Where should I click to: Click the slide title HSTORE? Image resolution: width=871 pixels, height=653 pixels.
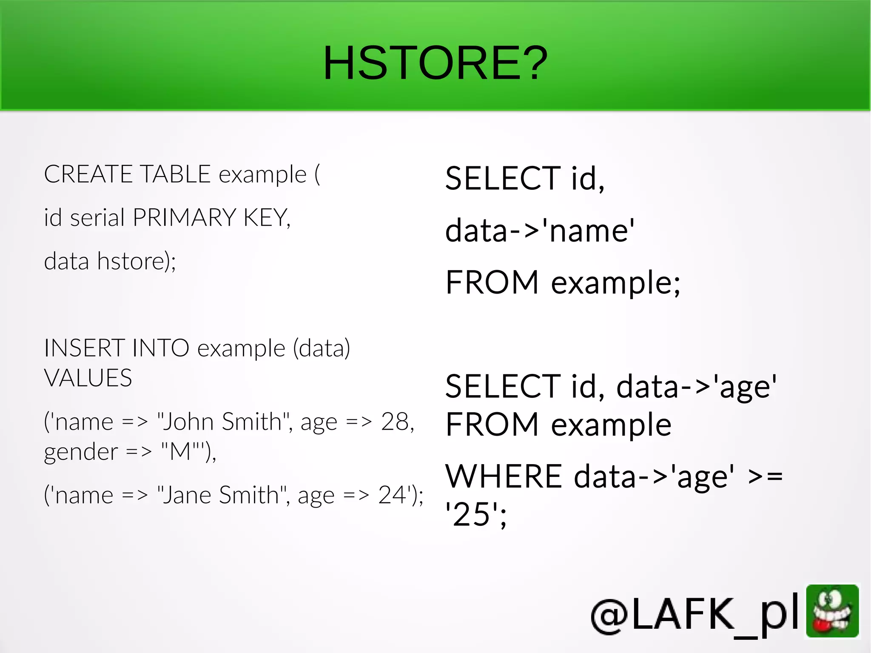pos(435,63)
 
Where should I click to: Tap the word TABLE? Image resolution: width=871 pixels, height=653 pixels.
pos(175,174)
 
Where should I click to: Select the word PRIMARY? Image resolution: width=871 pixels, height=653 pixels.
pos(184,218)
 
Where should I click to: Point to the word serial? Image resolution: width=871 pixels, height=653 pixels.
pos(97,218)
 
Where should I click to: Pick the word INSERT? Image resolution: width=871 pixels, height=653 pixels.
pos(84,348)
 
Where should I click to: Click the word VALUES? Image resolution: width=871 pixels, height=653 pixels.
pos(88,378)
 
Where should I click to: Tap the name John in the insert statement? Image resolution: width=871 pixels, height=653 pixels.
pos(185,422)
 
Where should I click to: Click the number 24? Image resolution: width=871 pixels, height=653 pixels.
pos(393,495)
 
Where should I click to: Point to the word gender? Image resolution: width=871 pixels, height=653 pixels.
pos(81,452)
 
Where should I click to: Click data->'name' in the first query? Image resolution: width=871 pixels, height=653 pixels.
pos(540,231)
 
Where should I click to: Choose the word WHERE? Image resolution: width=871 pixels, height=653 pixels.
pos(504,476)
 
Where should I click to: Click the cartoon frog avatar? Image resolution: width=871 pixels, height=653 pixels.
pos(832,611)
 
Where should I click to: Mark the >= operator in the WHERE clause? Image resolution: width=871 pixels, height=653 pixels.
pos(765,476)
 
